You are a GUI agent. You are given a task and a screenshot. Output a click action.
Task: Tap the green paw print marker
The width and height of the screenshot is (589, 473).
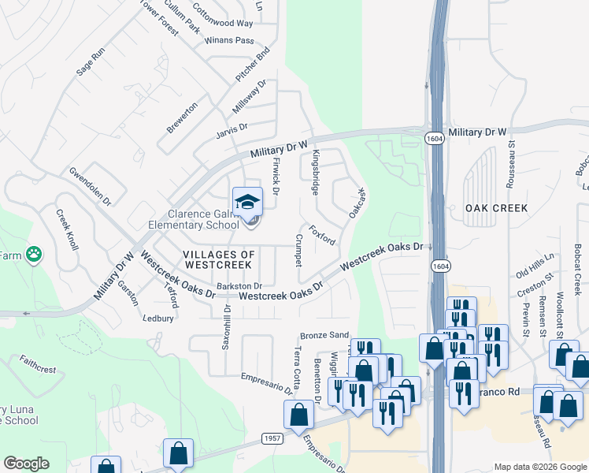tap(33, 254)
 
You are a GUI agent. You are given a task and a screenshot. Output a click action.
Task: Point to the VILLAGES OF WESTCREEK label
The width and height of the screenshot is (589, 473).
tap(219, 259)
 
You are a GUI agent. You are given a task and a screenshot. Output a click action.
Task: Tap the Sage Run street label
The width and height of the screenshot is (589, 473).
tap(90, 61)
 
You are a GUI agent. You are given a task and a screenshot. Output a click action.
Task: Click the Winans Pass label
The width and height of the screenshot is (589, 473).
tap(229, 40)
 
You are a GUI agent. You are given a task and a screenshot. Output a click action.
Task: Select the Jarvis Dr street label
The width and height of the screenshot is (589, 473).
tap(232, 126)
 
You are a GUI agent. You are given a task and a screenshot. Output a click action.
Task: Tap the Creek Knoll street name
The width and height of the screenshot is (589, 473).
tap(67, 229)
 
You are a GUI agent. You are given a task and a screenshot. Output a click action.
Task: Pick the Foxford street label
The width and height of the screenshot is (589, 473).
tap(322, 235)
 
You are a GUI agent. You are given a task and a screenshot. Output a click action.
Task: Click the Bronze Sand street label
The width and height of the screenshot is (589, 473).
tap(324, 335)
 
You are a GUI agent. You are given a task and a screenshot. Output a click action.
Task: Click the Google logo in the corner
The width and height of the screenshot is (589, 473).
tap(27, 464)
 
